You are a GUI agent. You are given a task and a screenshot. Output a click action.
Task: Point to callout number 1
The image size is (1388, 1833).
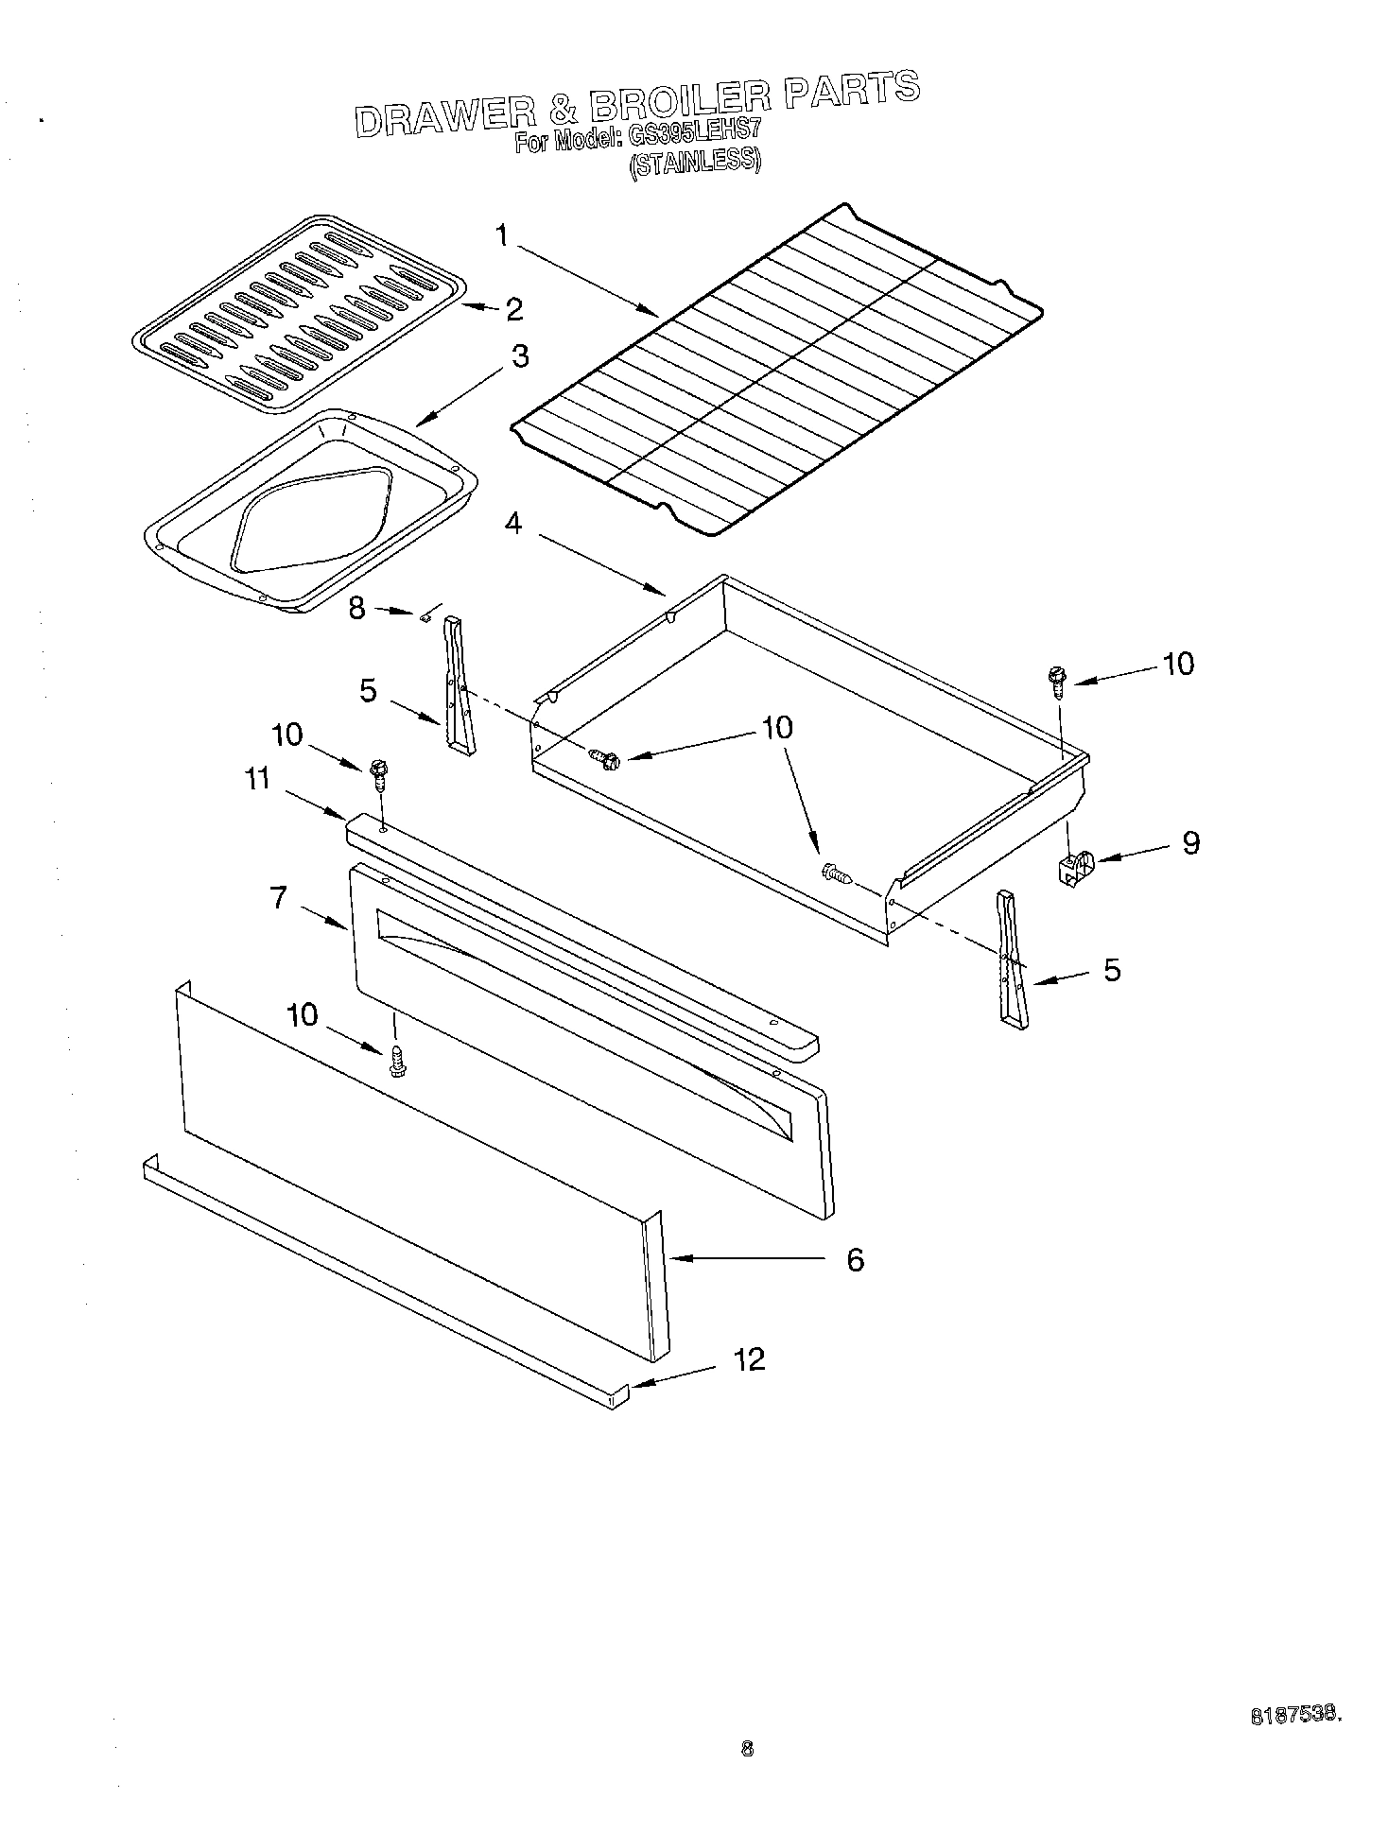(x=503, y=234)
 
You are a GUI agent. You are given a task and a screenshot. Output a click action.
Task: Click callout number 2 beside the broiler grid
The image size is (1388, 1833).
(x=514, y=309)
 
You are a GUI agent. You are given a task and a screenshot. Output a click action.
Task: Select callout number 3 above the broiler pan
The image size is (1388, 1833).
(x=520, y=357)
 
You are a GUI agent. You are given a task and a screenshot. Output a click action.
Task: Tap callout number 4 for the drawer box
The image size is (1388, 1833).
(x=512, y=524)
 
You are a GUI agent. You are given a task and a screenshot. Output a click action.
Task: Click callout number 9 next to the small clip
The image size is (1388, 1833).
(x=1190, y=842)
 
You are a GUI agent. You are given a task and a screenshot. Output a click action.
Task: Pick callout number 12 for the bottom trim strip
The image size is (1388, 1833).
(x=749, y=1360)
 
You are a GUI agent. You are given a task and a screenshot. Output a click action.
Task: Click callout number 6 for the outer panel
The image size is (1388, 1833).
(x=855, y=1259)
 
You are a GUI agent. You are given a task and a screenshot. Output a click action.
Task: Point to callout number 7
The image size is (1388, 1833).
(x=279, y=897)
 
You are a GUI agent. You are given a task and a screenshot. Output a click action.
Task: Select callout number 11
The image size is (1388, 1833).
(x=258, y=779)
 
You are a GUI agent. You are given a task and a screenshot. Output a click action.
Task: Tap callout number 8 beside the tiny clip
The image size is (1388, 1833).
(x=356, y=607)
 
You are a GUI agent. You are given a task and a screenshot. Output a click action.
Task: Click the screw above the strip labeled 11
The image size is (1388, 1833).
(x=379, y=775)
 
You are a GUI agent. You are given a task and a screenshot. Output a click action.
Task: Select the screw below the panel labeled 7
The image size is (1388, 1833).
(x=397, y=1062)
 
